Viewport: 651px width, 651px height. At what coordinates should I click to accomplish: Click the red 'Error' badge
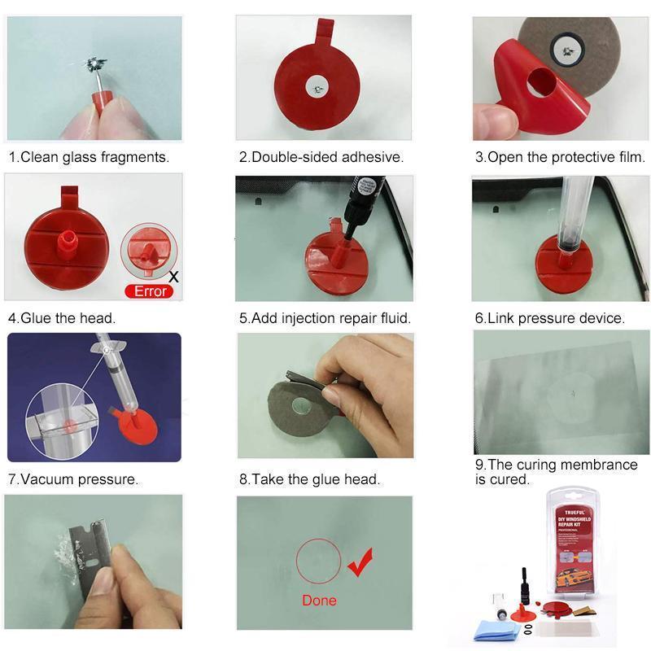click(x=150, y=291)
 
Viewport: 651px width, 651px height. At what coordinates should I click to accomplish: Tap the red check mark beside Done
click(x=360, y=561)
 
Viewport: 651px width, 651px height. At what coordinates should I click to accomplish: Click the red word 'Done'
click(x=319, y=601)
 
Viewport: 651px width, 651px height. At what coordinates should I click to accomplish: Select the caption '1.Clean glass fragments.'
click(x=90, y=157)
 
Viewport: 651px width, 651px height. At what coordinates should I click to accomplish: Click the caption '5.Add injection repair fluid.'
click(x=325, y=318)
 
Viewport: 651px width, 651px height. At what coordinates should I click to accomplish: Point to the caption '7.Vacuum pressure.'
click(x=73, y=479)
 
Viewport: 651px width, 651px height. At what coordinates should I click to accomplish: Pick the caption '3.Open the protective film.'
click(x=560, y=157)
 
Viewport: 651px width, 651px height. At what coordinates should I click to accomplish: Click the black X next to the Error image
click(x=174, y=277)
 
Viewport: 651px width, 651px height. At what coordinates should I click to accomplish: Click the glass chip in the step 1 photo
click(x=95, y=63)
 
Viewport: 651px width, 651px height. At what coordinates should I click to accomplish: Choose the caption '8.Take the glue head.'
click(x=310, y=479)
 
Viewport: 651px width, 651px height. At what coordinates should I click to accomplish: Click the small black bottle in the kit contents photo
click(x=525, y=585)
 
